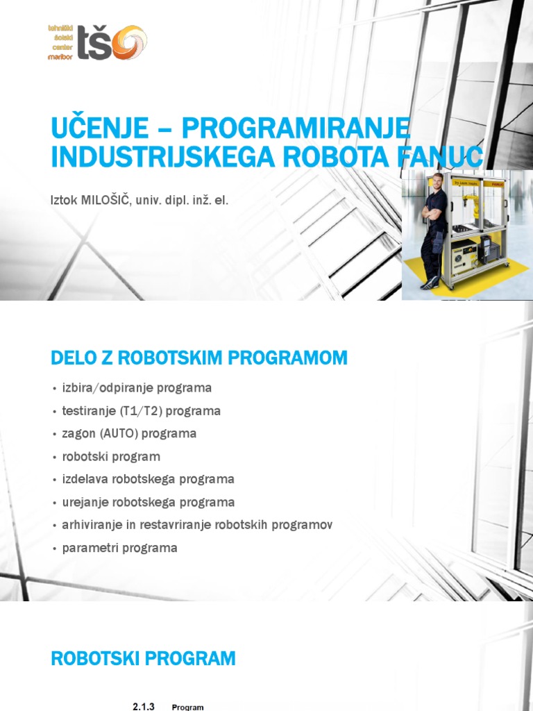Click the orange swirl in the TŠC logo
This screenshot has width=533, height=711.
pos(129,42)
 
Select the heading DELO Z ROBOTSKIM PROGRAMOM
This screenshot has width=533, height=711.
pos(199,358)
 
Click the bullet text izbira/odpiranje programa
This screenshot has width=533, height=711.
pos(137,387)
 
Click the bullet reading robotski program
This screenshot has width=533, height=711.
pos(111,456)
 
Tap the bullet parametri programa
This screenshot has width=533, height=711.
pos(119,548)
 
